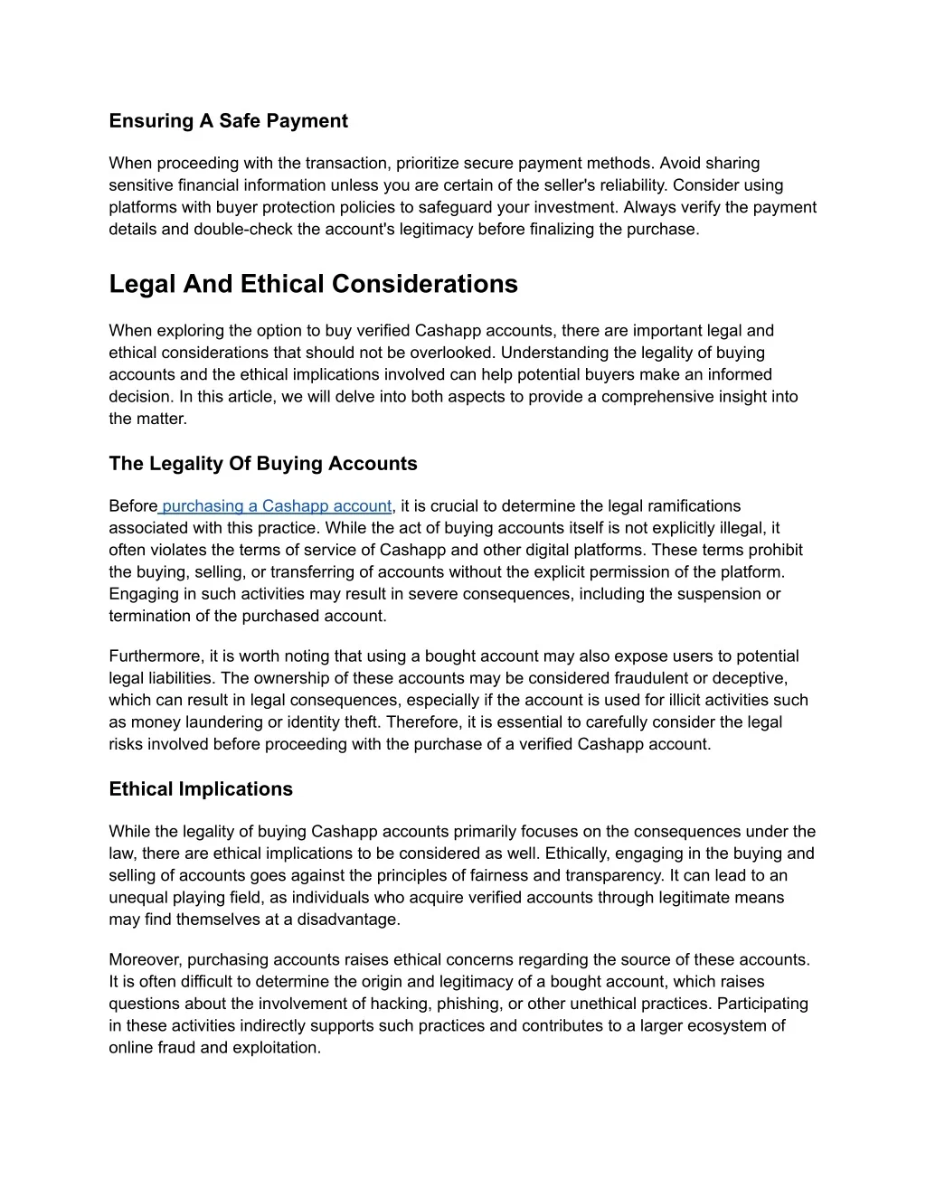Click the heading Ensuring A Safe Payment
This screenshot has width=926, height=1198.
coord(228,121)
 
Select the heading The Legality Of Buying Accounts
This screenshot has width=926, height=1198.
coord(263,464)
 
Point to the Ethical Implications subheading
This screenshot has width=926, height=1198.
coord(201,789)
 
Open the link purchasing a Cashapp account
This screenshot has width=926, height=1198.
coord(276,506)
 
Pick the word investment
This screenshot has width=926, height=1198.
coord(566,207)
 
